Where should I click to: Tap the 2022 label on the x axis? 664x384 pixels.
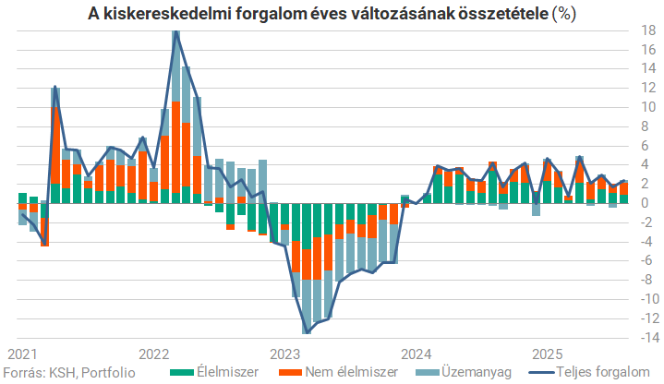153,354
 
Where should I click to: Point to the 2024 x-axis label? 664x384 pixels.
417,354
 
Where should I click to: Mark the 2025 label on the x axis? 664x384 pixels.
547,354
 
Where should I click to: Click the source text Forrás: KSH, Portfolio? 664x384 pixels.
68,371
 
